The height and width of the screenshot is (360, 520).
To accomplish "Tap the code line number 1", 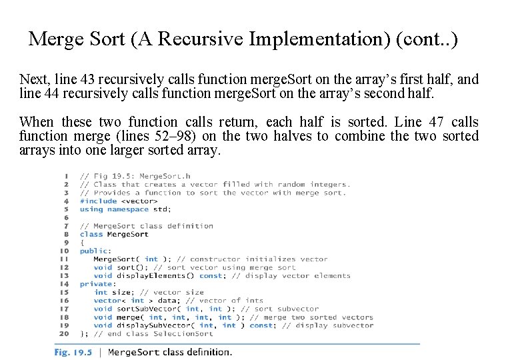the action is click(x=66, y=177).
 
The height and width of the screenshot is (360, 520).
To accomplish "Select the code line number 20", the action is click(x=64, y=334).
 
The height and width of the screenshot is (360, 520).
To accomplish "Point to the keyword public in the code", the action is click(x=93, y=251).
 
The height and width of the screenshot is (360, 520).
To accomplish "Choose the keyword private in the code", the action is click(x=95, y=284).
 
